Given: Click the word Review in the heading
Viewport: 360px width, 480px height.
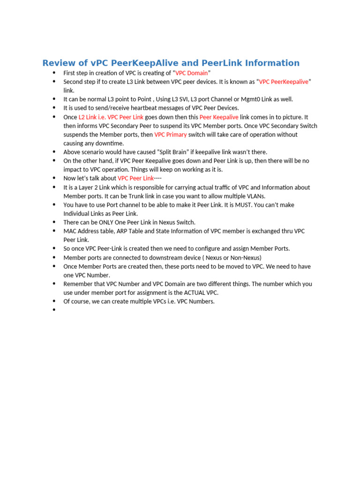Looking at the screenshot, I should (58, 63).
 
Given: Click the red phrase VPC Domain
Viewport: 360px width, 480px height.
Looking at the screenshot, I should (192, 73).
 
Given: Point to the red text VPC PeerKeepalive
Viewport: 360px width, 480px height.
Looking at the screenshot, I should (284, 82).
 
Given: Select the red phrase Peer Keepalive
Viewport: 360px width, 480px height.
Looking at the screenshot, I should (219, 117).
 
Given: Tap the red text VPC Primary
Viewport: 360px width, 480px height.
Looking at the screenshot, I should (171, 135).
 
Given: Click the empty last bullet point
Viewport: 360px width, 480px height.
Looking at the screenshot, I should (54, 310).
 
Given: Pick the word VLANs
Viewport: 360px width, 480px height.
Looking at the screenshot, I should (261, 196).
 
